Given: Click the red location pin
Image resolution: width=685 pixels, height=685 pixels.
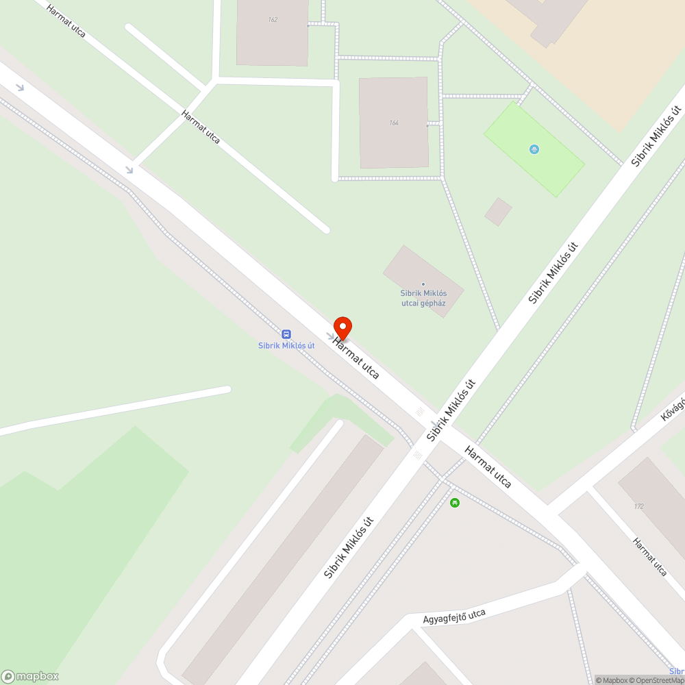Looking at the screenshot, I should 342,328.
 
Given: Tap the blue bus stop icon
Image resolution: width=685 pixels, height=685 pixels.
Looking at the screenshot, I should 286,334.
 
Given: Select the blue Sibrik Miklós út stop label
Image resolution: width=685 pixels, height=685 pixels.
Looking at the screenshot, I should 286,345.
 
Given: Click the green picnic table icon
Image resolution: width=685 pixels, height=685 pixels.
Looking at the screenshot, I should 454,503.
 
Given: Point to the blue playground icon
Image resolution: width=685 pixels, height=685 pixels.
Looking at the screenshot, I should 534,149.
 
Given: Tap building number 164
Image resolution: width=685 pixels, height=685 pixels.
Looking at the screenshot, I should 393,123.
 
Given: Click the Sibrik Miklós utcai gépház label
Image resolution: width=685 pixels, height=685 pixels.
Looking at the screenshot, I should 423,297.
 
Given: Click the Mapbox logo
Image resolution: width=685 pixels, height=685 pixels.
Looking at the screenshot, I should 30,676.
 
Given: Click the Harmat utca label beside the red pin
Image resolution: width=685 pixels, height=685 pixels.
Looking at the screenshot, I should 357,358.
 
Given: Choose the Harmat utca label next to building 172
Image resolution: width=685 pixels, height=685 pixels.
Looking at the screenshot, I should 649,556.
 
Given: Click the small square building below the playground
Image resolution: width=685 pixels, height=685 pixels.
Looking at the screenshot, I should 498,212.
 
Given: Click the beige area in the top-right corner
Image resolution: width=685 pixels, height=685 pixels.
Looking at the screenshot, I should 616,55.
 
